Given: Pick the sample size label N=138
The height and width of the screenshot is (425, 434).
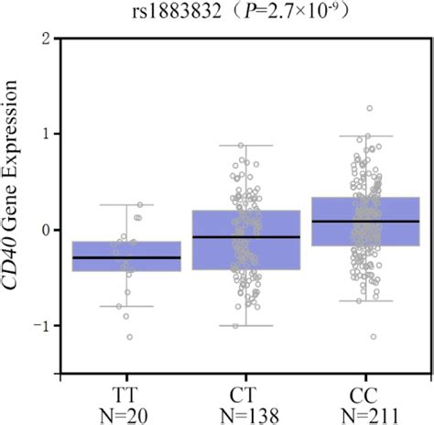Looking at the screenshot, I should pos(245,411).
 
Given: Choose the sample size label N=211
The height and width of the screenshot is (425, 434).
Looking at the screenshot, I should pos(365,411).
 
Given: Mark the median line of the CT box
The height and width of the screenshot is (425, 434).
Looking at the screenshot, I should pos(245,237).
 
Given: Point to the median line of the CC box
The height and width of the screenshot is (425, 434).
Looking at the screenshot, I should pos(365,221).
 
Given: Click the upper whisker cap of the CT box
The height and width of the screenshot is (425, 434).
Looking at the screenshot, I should pos(245,145).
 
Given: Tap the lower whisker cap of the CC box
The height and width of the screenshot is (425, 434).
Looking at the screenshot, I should pos(365,300).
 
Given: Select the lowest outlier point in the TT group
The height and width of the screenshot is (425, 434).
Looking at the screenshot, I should pos(129,337).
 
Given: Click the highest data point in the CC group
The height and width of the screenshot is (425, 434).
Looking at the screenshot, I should pos(369,108).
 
